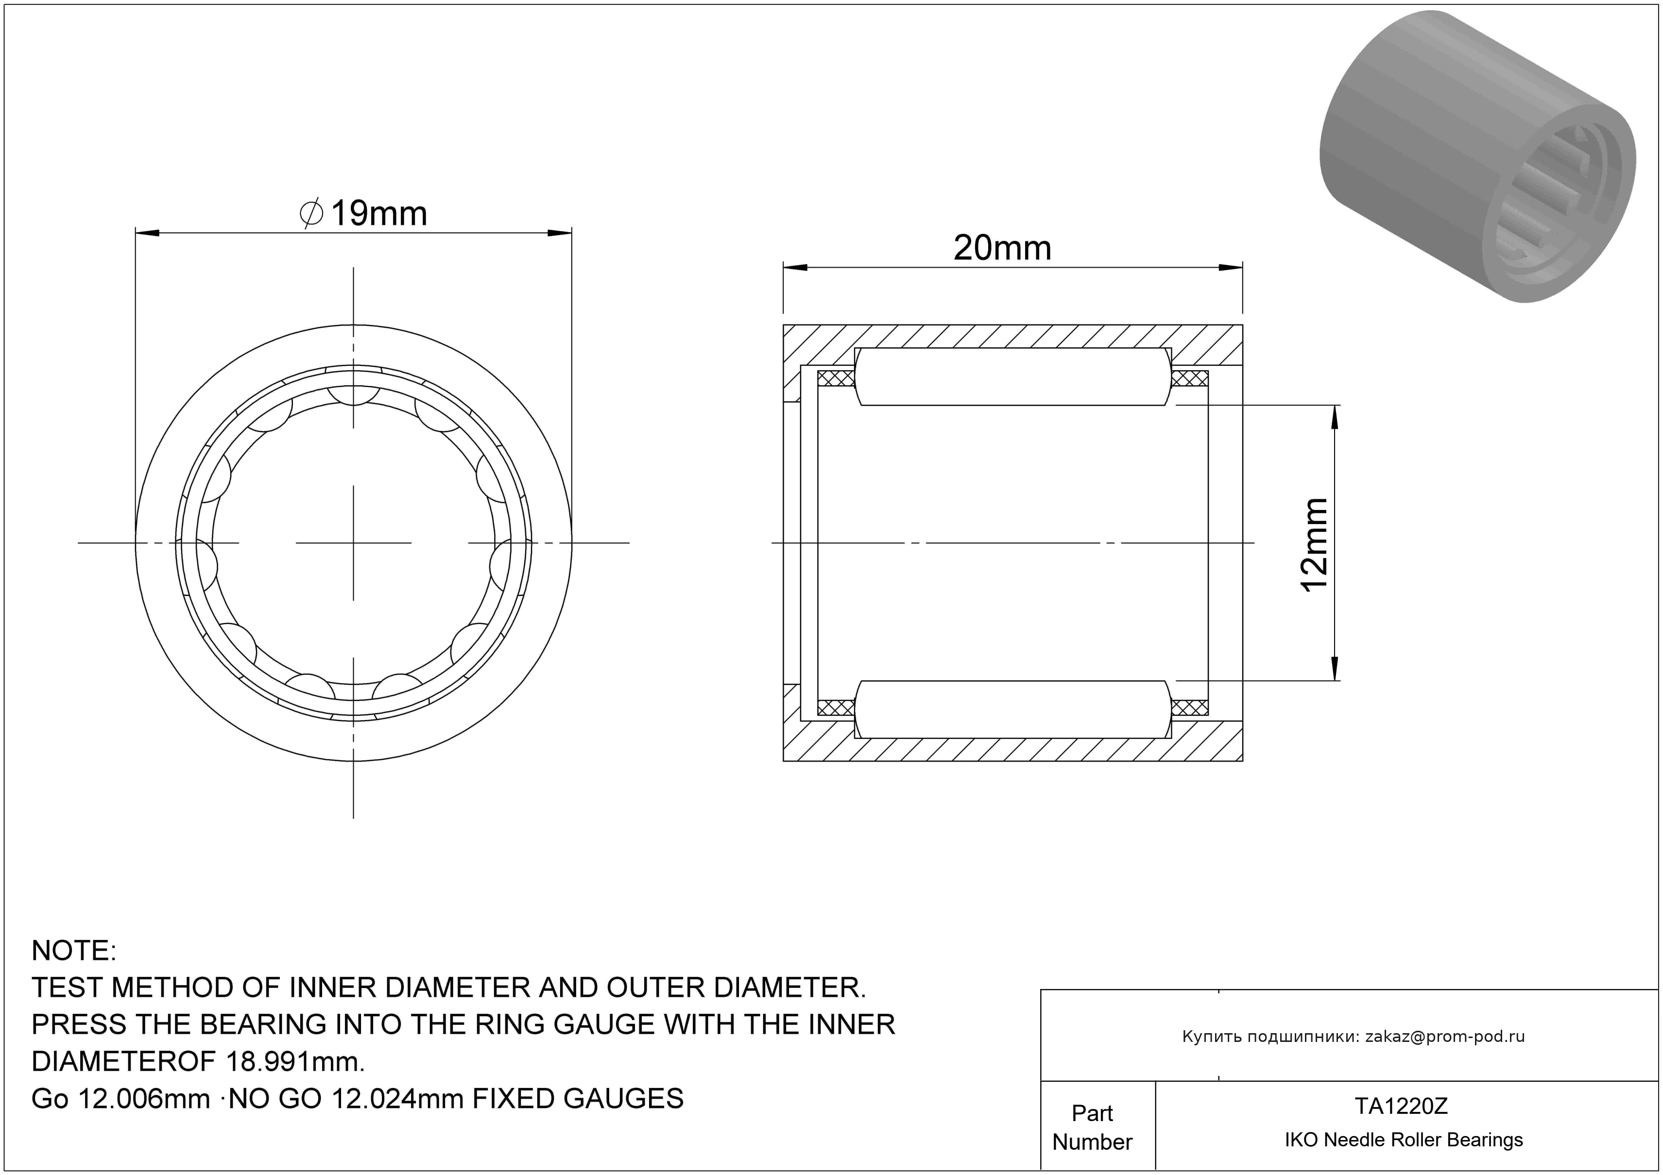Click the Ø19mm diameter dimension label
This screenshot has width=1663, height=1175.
pyautogui.click(x=363, y=214)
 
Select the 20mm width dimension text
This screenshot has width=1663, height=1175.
pyautogui.click(x=1002, y=248)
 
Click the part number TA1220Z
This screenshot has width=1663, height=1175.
pyautogui.click(x=1402, y=1106)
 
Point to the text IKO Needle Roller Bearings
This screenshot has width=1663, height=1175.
pyautogui.click(x=1404, y=1140)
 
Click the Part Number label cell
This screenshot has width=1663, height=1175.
pyautogui.click(x=1092, y=1127)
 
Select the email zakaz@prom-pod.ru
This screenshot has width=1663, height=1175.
pyautogui.click(x=1445, y=1037)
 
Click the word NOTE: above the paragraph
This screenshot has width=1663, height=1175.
pyautogui.click(x=74, y=951)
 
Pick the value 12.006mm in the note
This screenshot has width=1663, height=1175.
pyautogui.click(x=143, y=1098)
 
